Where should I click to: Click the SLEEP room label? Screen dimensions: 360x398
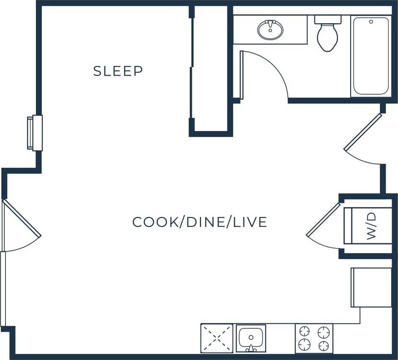pos(118,71)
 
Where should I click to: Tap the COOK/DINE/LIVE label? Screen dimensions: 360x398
pos(199,222)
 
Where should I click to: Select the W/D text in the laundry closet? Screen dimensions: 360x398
pos(371,226)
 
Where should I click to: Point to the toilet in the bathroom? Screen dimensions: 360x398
pos(327,37)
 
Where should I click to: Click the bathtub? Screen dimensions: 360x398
pos(371,56)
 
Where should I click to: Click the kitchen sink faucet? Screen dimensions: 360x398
pos(251,348)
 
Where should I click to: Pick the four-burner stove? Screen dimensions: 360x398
pos(314,338)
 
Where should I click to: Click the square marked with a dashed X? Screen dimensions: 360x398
pos(217,338)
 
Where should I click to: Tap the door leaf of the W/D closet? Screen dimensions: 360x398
pos(323,220)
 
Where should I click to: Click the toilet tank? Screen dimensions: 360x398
pos(327,19)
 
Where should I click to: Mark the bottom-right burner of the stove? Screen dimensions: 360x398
pos(324,344)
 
